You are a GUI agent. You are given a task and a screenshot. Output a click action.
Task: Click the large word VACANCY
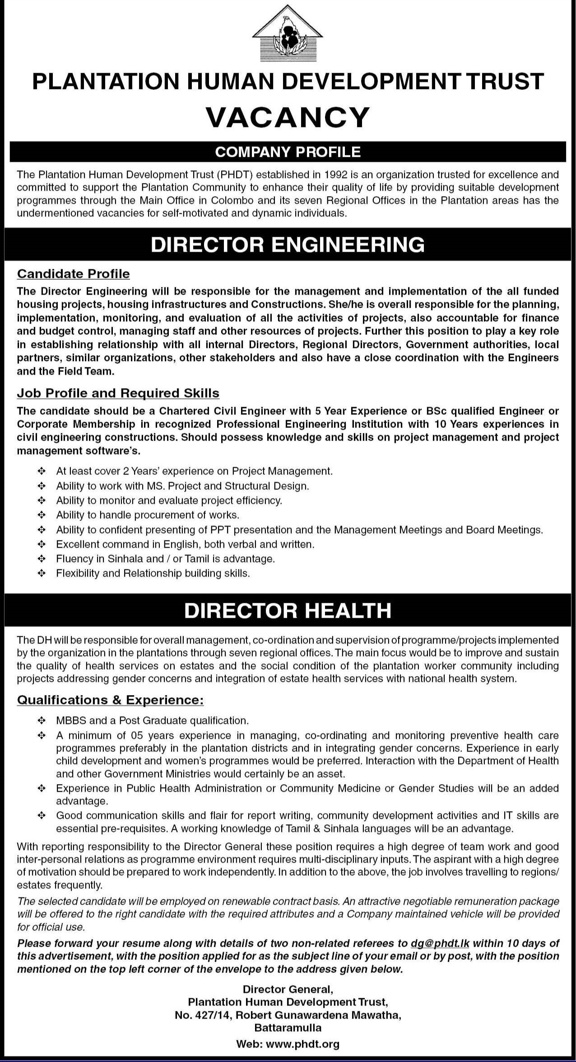coord(288,117)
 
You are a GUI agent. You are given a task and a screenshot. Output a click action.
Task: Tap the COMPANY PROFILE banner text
coord(288,152)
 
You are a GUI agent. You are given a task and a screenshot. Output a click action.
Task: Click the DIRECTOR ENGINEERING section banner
coord(288,244)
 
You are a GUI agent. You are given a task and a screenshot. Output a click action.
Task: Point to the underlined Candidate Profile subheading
coord(73,274)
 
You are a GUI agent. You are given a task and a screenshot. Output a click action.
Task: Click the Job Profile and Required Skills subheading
coord(118,393)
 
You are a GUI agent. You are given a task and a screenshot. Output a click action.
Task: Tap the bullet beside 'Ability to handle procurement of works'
coord(42,515)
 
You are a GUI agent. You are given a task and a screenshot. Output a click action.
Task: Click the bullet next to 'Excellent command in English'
coord(42,544)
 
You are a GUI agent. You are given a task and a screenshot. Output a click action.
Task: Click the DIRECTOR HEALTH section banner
coord(288,611)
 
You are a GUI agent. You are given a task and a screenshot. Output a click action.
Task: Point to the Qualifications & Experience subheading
coord(110,700)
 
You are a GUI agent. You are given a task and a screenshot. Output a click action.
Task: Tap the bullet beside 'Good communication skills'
coord(42,816)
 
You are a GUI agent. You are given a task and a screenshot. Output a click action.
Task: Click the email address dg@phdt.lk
coord(440,943)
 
